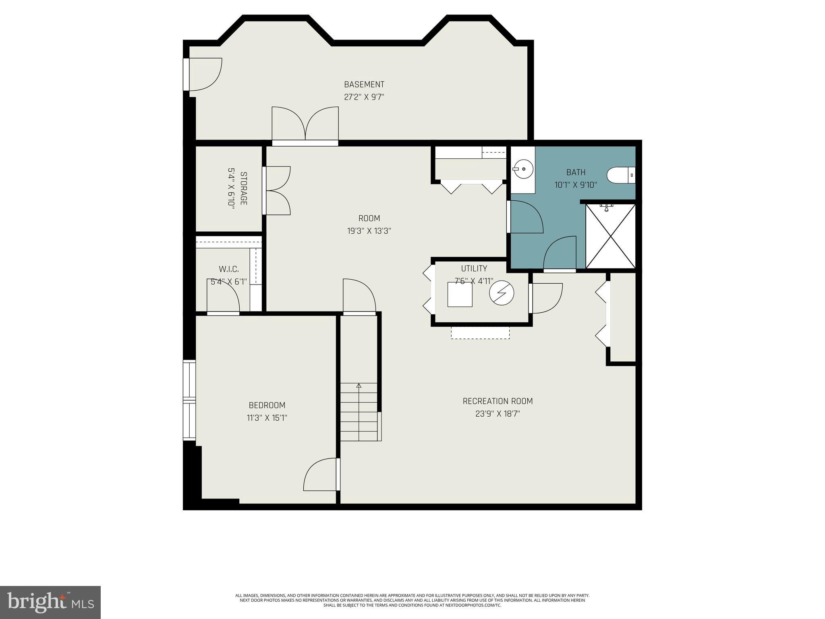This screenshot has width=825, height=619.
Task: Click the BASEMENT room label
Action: tap(364, 84)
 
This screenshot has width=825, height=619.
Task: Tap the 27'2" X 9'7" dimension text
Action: tap(364, 97)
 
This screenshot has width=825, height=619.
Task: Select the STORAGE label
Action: tap(243, 188)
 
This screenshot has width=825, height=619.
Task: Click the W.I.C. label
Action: tap(228, 269)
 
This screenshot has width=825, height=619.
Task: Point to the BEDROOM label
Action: tap(267, 405)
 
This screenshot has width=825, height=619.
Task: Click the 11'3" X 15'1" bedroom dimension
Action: tap(267, 418)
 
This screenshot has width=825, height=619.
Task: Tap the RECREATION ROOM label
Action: tap(497, 401)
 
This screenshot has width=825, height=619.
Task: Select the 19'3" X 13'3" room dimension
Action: tap(369, 231)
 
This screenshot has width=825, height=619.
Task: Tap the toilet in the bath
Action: tap(620, 175)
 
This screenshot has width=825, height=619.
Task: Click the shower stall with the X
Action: tap(610, 236)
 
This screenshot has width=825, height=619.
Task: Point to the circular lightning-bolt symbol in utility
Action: tap(502, 293)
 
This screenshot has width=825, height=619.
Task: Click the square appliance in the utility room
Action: tap(460, 294)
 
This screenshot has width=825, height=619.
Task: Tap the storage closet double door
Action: tap(277, 190)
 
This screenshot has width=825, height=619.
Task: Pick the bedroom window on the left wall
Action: tap(189, 399)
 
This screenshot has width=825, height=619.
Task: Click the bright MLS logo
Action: tap(50, 602)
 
